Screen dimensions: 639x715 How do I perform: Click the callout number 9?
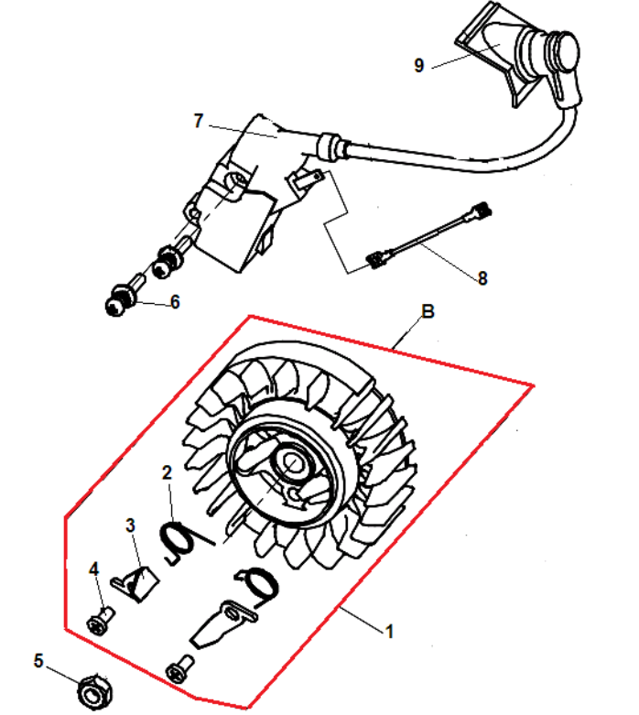(418, 65)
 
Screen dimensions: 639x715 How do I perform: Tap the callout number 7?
(198, 121)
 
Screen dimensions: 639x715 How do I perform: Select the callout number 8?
(482, 278)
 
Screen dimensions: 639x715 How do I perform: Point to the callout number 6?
(175, 302)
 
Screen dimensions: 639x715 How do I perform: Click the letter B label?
(428, 311)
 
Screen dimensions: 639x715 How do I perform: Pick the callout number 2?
(167, 473)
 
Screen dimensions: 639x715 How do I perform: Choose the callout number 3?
(130, 525)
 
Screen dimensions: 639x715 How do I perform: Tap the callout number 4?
(93, 569)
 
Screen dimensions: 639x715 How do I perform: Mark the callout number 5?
(38, 661)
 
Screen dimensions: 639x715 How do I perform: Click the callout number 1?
(389, 632)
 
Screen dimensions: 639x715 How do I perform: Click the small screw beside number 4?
(101, 621)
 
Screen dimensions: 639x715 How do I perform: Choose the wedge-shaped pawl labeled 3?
(135, 583)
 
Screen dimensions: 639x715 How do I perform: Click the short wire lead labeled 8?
(428, 236)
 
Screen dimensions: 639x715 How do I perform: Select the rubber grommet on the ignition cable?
(329, 146)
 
